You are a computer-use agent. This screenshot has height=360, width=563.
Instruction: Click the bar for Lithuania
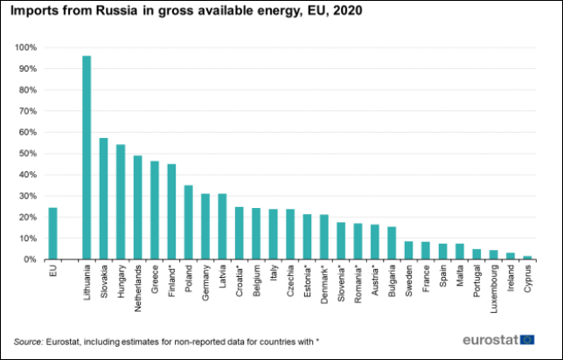click(87, 157)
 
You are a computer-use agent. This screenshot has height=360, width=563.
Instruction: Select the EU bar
click(52, 233)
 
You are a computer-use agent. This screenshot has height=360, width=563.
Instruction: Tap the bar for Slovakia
click(103, 198)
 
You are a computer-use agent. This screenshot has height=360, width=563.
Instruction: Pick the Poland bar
click(188, 222)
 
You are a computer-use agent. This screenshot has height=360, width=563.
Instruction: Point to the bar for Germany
click(205, 226)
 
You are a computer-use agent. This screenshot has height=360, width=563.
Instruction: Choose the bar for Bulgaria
click(392, 243)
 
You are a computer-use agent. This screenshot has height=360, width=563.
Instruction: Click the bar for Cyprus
click(527, 257)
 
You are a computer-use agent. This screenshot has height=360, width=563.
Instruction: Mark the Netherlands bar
click(137, 207)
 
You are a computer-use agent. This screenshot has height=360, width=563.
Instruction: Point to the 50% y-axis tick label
click(29, 153)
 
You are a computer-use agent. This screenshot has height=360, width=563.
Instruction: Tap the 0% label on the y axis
click(31, 260)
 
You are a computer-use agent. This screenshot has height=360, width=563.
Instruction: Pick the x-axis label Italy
click(273, 275)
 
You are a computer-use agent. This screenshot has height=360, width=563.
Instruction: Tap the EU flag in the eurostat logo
click(528, 339)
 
